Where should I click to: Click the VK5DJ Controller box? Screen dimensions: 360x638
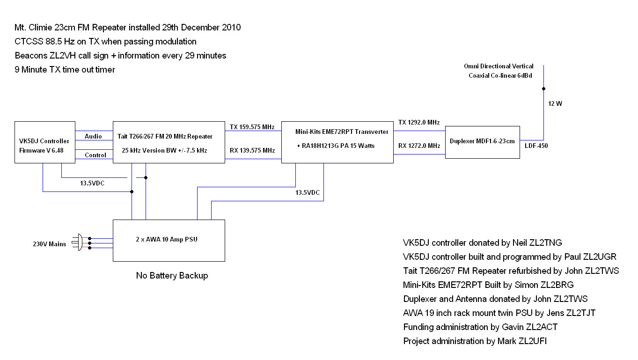pos(45,142)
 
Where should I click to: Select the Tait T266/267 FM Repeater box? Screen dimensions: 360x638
pos(169,142)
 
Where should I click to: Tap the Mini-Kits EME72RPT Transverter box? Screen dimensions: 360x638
pos(337,142)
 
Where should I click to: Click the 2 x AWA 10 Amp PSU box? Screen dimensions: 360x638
pos(169,240)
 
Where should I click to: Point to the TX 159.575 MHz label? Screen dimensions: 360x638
pos(253,127)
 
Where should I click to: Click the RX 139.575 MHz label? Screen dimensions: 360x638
pos(253,150)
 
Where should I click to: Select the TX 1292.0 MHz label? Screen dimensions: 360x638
pos(419,122)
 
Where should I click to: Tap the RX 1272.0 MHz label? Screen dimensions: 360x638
pos(419,146)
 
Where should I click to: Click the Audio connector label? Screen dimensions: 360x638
pos(93,136)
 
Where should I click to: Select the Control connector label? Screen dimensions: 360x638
pos(95,155)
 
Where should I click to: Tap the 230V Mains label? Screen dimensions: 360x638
pos(49,243)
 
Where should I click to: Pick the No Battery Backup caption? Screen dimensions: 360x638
pos(172,275)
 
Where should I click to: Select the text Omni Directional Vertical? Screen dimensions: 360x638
pos(499,66)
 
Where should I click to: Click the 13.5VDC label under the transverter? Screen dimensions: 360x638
pos(308,192)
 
